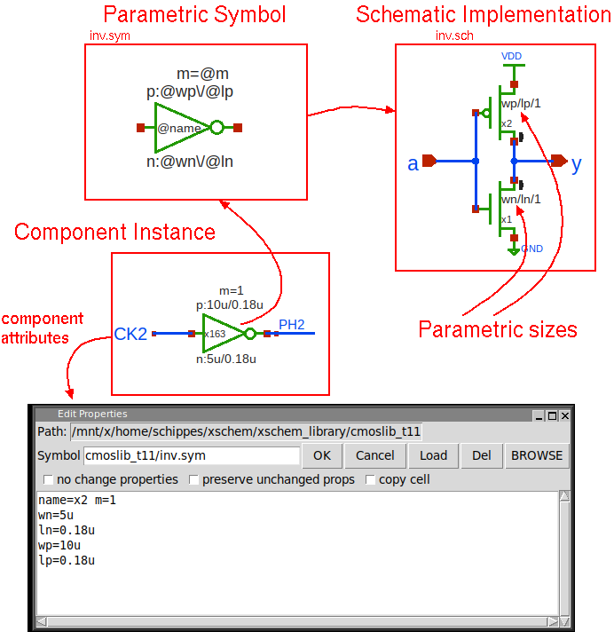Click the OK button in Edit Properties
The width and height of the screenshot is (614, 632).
pos(322,455)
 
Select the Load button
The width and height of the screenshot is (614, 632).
pos(433,455)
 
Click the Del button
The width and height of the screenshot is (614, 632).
pos(482,455)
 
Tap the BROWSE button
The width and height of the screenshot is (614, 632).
pos(537,455)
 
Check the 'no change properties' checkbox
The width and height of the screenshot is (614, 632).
pos(48,480)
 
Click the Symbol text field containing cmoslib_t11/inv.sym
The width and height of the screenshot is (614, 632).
pos(192,455)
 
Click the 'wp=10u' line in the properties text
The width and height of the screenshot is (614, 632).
pos(59,545)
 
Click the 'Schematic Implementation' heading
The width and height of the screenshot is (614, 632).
pos(484,14)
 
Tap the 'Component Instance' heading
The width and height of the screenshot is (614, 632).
pos(115,233)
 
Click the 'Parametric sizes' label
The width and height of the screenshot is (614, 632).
pos(498,329)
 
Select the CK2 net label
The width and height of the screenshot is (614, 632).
pos(130,334)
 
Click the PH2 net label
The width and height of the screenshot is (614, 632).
pos(291,325)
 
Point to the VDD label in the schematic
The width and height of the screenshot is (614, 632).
pos(512,56)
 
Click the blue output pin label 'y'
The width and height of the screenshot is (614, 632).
pos(577,163)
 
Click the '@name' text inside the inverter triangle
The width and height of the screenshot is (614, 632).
pos(180,128)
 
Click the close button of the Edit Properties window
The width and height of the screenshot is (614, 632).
pos(564,415)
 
